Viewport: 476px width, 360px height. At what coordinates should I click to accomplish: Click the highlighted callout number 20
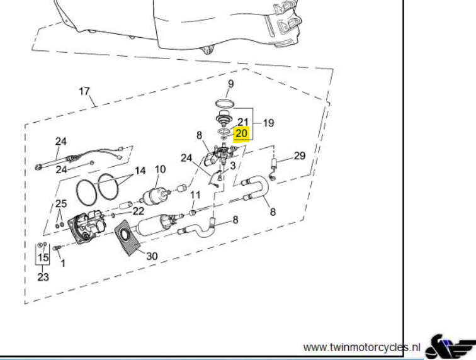pos(241,133)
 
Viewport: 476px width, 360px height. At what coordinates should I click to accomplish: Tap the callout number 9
pos(230,84)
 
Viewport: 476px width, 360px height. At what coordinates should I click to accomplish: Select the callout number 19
pos(268,123)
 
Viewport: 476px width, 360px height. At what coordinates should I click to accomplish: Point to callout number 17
pos(84,91)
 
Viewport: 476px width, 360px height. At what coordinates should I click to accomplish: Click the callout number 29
pos(300,155)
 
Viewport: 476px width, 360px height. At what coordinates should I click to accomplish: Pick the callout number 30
pos(152,256)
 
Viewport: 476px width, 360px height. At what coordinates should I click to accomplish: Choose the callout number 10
pos(161,169)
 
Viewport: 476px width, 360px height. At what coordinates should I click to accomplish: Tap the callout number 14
pos(140,171)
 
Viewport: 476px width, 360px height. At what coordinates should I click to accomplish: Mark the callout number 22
pos(139,211)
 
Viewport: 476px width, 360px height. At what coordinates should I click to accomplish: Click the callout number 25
pos(61,204)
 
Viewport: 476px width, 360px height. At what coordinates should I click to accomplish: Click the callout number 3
pos(233,166)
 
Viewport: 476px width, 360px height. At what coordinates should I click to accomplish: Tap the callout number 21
pos(243,122)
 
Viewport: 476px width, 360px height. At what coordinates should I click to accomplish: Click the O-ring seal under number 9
pos(225,104)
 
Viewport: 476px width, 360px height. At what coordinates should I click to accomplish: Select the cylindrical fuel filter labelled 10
pos(154,197)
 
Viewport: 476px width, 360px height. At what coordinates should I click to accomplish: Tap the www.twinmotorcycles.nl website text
pos(361,347)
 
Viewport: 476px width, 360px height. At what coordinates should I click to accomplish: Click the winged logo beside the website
pos(450,347)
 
